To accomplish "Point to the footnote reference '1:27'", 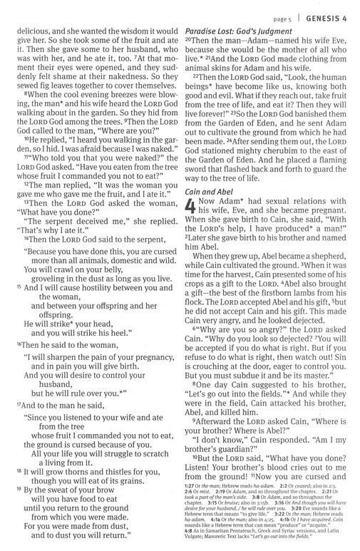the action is (x=192, y=485).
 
